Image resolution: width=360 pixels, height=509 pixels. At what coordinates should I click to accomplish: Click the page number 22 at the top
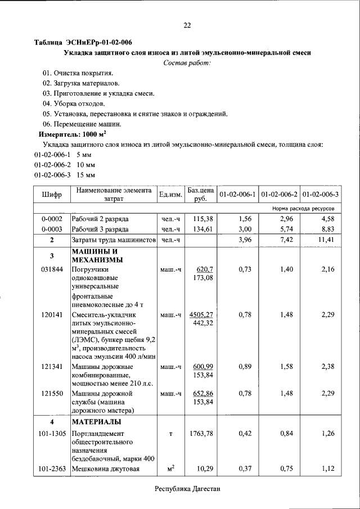(x=187, y=25)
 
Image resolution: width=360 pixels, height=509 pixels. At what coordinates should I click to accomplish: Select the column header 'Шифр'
(x=52, y=195)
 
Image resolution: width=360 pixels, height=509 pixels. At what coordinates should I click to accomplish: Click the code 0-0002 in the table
(x=52, y=218)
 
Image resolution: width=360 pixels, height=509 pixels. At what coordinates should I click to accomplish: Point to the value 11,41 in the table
(x=327, y=240)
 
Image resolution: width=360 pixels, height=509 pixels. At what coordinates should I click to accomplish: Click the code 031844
(x=52, y=270)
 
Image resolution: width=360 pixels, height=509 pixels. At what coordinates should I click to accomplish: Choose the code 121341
(x=52, y=367)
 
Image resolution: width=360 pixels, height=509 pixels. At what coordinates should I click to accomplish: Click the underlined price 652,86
(x=201, y=393)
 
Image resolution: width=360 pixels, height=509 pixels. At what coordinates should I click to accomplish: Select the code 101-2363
(x=52, y=469)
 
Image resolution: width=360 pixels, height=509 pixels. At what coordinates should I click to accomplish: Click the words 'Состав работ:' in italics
(x=187, y=62)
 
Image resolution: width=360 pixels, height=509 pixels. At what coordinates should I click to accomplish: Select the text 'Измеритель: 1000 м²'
(x=72, y=134)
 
